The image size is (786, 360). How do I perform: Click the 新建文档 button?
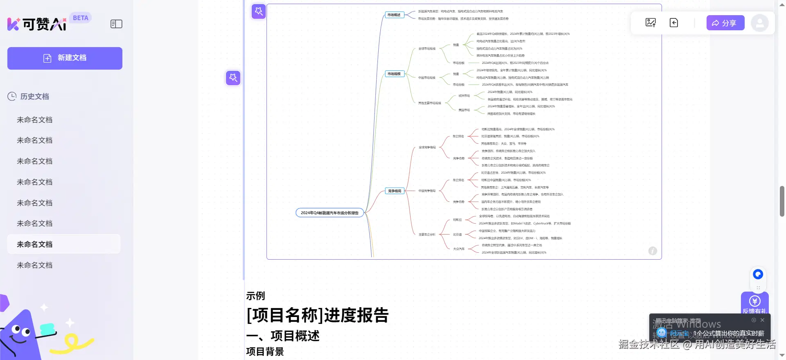65,58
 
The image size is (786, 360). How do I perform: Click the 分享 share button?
725,23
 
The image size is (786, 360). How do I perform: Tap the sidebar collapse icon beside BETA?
116,24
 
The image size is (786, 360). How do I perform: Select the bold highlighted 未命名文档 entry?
35,245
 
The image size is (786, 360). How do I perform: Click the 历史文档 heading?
34,97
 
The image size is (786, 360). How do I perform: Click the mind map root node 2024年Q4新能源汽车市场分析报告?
330,213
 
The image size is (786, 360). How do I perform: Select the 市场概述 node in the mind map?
394,15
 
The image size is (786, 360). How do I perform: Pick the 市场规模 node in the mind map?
394,74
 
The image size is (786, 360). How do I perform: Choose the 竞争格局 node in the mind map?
395,191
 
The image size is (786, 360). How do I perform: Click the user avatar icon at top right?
759,23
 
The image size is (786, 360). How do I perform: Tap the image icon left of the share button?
650,23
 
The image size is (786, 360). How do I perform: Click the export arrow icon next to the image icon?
674,23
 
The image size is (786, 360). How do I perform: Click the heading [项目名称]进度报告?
317,315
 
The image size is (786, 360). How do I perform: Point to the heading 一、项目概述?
283,336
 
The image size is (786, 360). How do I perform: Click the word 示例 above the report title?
255,296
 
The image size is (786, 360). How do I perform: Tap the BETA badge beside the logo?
80,18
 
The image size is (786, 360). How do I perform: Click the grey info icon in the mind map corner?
653,251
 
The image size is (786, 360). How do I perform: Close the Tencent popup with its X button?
762,320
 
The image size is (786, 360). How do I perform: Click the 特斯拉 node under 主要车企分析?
457,220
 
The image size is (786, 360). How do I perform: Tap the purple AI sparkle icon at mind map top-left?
259,11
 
